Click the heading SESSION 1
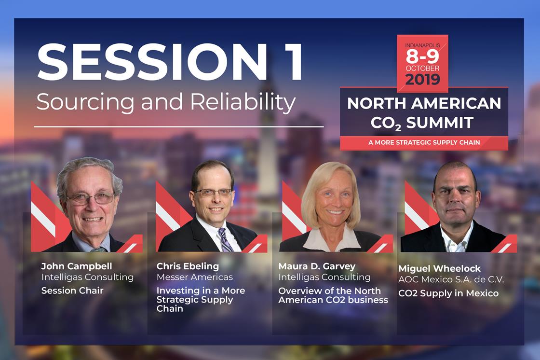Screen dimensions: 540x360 (x=170, y=62)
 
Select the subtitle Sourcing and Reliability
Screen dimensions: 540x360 (x=166, y=102)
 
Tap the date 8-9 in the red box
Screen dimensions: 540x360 (x=422, y=56)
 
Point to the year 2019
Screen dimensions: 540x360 (x=422, y=79)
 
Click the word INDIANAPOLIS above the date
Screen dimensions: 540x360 (x=422, y=45)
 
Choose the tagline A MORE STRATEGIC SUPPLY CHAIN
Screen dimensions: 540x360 (x=424, y=142)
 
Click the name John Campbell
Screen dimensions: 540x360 (x=77, y=266)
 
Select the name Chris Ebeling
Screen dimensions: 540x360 (x=188, y=266)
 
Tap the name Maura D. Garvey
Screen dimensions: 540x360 (x=317, y=266)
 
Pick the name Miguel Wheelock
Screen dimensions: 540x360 (x=439, y=269)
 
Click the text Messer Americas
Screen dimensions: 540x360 (x=195, y=277)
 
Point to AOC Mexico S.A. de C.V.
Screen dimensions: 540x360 (x=451, y=279)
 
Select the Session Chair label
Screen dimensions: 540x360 (x=72, y=291)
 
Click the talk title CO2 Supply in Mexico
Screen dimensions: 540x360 (x=448, y=293)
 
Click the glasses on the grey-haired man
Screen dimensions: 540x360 (x=90, y=199)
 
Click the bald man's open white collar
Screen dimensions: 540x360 (x=457, y=237)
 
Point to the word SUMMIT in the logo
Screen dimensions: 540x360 (x=439, y=123)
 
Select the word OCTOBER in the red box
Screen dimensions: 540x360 (x=422, y=68)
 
